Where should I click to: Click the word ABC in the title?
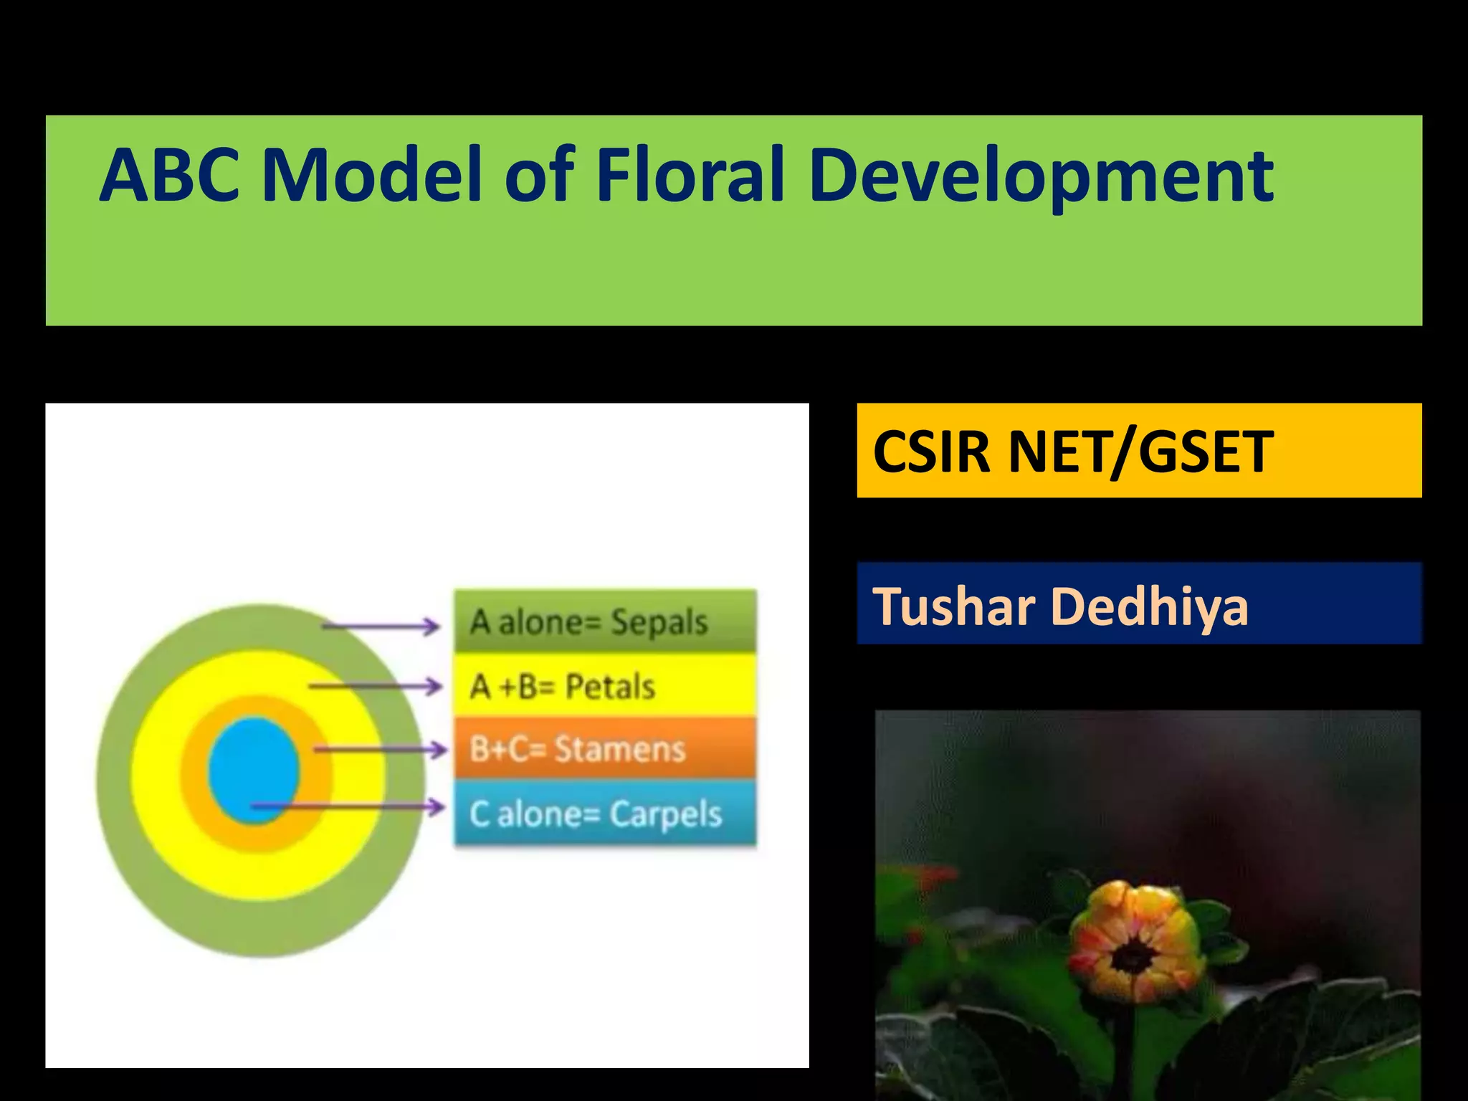[169, 175]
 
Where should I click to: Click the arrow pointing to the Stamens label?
[380, 750]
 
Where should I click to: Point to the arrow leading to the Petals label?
[376, 687]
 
